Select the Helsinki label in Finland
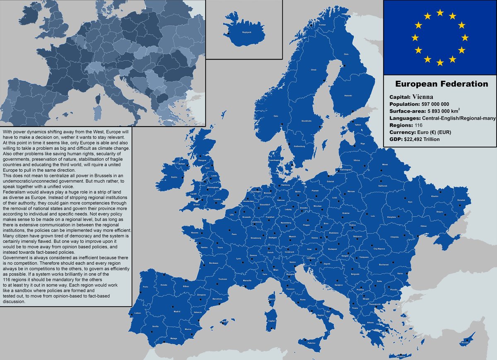click(348, 96)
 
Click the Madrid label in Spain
click(177, 311)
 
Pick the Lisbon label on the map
click(138, 313)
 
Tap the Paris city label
click(234, 234)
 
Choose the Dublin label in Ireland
click(174, 177)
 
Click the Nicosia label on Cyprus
click(464, 342)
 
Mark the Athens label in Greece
click(370, 322)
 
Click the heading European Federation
click(442, 84)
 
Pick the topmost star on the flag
click(440, 13)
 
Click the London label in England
click(217, 199)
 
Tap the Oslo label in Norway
click(276, 116)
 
